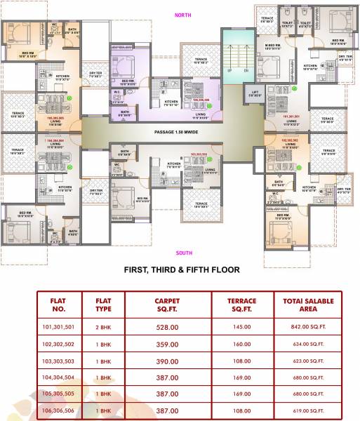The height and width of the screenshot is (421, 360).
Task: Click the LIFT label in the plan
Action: point(254,93)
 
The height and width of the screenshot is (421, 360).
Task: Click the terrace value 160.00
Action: point(242,344)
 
